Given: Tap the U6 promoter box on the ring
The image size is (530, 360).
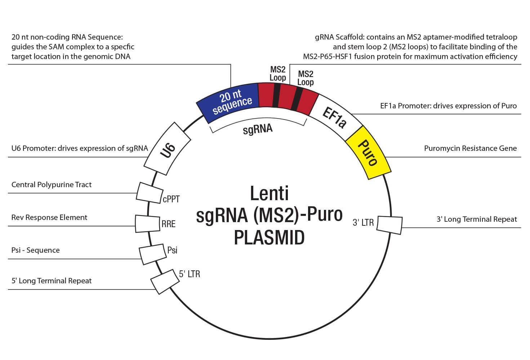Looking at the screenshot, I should coord(168,148).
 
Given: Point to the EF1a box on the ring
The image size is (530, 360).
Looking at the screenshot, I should coord(335,116).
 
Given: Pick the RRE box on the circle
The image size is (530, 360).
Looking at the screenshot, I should coord(147,224).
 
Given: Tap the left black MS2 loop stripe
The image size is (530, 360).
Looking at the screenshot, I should coord(276,95).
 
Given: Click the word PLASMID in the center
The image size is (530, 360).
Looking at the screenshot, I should coord(269,238).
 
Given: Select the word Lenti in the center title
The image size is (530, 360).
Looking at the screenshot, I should coord(269,193).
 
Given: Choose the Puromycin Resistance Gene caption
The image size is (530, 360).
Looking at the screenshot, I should coord(470,148).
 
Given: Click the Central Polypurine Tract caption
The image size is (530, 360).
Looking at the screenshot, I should coord(52,185).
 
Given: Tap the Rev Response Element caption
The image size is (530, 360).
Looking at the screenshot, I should coord(49,217).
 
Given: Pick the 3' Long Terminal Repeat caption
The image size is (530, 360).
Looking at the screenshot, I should coord(477,219).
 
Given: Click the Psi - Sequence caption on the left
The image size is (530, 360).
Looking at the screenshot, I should coord(36,250).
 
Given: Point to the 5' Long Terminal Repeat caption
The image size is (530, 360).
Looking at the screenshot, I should coord(52,281).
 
